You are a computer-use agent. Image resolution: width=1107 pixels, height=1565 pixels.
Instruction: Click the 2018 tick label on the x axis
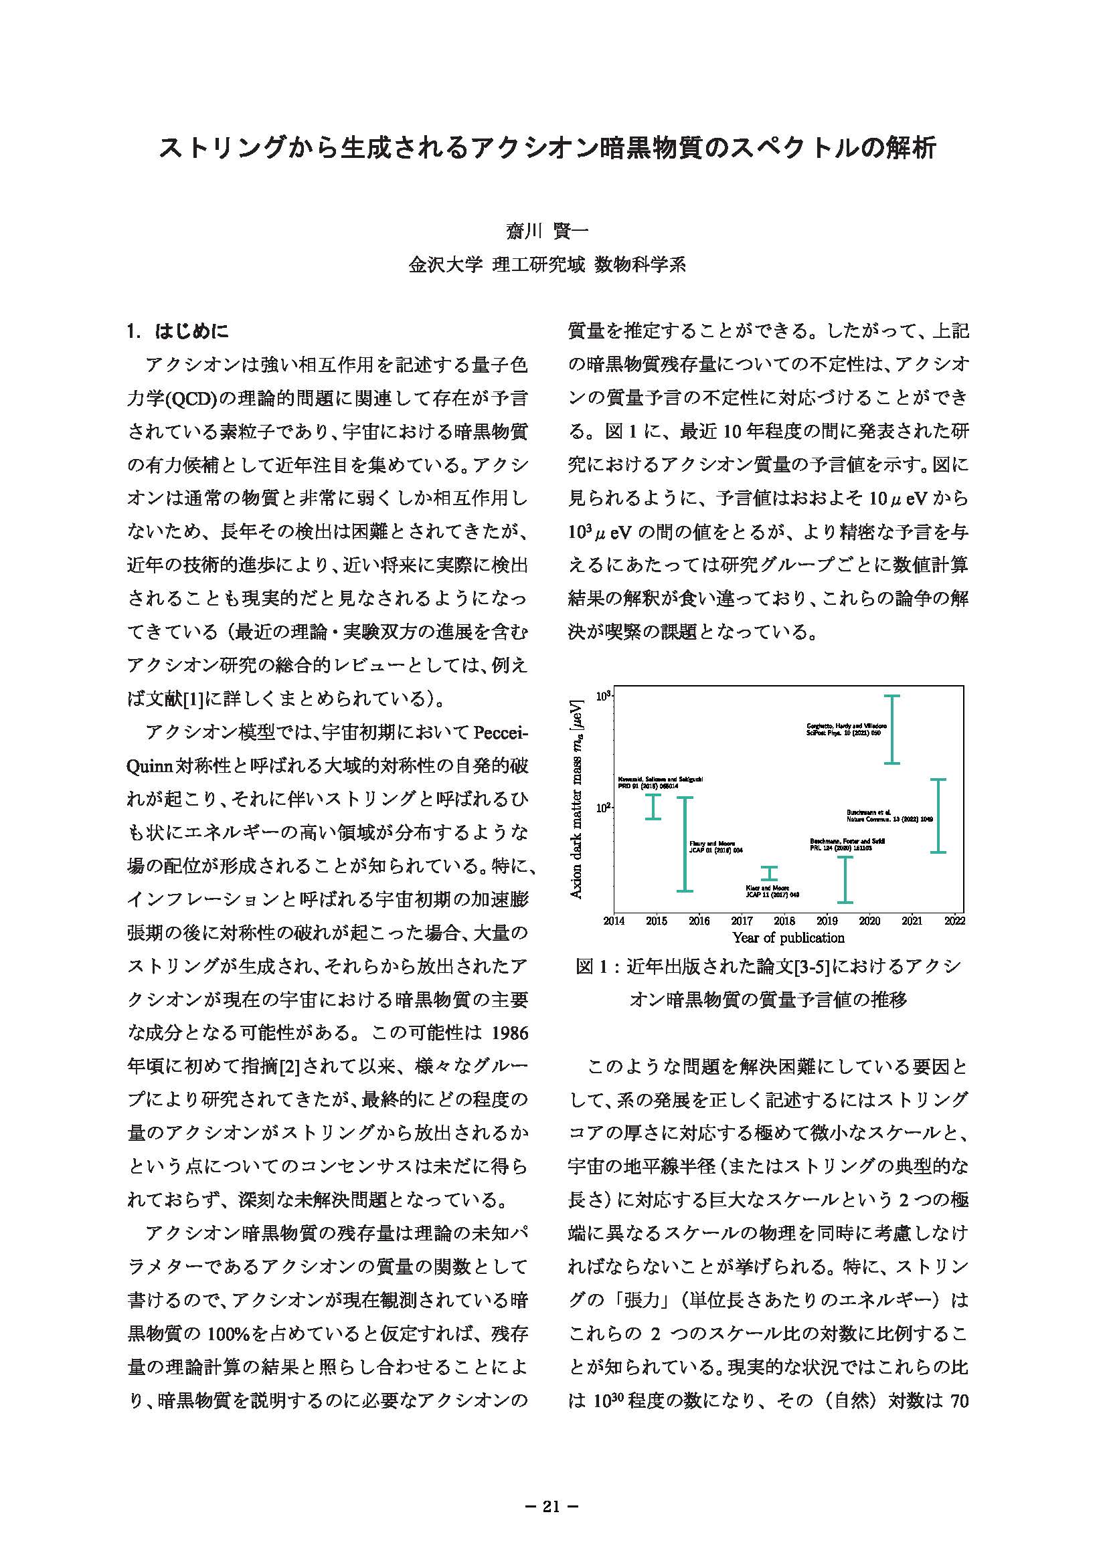pos(784,920)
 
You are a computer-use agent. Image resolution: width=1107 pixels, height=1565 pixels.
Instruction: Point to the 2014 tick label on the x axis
pos(614,920)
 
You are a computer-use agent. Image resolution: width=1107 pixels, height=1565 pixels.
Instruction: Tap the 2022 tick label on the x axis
pos(955,920)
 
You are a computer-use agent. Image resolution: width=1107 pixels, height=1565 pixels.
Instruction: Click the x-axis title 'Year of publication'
pos(788,938)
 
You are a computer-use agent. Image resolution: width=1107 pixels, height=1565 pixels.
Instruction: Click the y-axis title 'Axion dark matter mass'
pos(577,798)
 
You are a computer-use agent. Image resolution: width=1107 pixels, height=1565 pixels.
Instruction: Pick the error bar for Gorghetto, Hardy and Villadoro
pos(891,729)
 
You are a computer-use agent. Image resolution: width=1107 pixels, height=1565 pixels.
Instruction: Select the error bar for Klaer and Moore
pos(769,873)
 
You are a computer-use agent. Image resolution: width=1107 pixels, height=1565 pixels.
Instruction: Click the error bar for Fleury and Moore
pos(685,844)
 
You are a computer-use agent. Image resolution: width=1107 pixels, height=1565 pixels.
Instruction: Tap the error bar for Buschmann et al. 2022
pos(938,815)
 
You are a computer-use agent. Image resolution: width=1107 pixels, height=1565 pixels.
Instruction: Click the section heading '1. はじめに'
pos(178,331)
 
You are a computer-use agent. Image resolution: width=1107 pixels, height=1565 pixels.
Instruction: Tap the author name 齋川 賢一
pos(547,232)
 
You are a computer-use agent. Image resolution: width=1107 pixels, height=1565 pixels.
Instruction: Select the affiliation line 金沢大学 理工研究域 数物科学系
pos(547,264)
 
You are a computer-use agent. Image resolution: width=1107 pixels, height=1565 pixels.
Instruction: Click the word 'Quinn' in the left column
pos(149,766)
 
